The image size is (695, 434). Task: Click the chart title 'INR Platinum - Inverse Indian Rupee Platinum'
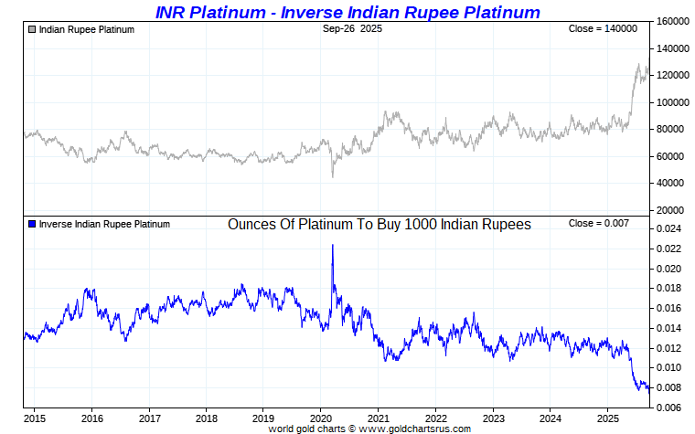[347, 12]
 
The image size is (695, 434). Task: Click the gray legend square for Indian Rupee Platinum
[32, 29]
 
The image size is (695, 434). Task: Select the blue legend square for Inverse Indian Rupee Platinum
[32, 224]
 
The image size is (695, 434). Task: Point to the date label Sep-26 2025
[352, 29]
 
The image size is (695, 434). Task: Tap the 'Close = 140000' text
[603, 29]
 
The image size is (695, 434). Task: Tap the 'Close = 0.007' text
[599, 224]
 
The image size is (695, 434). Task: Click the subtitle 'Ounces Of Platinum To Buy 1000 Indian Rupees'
[380, 224]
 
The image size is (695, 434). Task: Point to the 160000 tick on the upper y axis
[673, 21]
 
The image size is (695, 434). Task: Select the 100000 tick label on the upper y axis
[673, 102]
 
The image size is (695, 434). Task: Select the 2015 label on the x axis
[35, 419]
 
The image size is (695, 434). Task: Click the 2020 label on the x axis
[320, 419]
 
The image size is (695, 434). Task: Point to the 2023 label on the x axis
[492, 419]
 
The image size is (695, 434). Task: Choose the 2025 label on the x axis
[606, 419]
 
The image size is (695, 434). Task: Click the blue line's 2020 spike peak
[332, 245]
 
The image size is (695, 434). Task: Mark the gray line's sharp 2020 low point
[332, 176]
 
